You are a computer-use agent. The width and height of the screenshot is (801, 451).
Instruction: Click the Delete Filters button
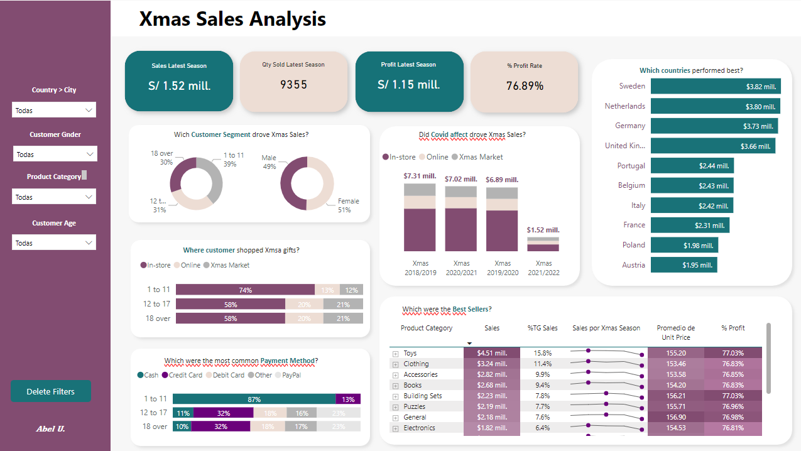[51, 391]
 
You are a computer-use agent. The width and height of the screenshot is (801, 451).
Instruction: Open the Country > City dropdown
[54, 110]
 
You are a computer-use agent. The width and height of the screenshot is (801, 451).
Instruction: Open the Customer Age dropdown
[54, 242]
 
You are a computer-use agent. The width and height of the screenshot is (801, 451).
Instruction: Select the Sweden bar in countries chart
[715, 86]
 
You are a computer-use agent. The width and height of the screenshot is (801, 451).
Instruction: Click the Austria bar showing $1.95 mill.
[684, 265]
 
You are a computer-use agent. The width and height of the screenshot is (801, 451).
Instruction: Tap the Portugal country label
[631, 166]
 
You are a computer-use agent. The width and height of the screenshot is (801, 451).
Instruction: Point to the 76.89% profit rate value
[525, 86]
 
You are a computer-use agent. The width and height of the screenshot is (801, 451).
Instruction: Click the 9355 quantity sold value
[293, 84]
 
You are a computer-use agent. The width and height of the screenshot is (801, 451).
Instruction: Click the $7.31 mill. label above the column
[420, 176]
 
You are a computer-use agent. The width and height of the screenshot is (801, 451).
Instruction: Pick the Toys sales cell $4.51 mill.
[492, 353]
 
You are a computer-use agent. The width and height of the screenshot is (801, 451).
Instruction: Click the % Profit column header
[733, 328]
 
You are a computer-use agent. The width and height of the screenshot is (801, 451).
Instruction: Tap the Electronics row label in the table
[419, 428]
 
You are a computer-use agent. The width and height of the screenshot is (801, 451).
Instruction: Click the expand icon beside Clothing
[396, 364]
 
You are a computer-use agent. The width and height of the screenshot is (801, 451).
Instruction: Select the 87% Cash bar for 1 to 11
[254, 399]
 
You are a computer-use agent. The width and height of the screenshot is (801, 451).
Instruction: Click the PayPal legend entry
[290, 375]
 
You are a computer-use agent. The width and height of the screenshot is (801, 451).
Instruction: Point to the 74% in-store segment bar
[245, 290]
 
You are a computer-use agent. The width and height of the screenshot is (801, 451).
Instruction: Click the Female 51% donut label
[348, 205]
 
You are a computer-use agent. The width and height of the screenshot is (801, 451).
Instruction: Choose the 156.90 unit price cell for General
[675, 417]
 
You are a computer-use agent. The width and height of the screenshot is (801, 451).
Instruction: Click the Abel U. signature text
[51, 428]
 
